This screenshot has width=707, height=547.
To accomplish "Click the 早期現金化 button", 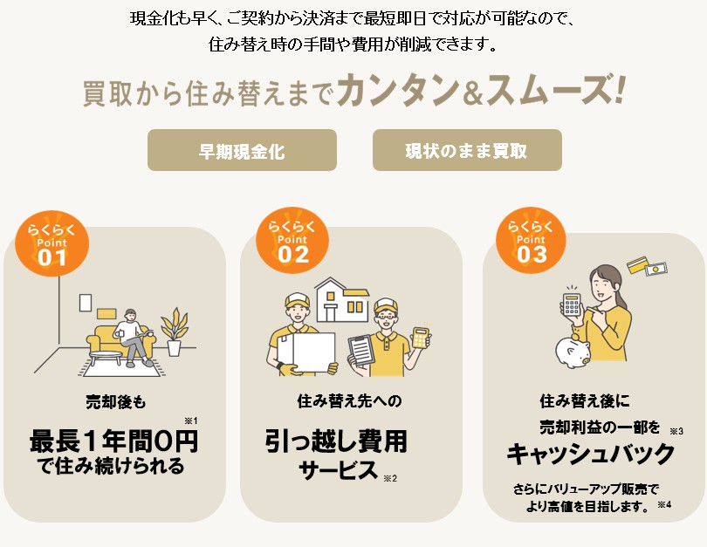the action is point(242,150).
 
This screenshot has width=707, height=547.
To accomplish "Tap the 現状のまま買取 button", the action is point(467,150).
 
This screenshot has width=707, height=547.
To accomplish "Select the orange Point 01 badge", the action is point(51,243).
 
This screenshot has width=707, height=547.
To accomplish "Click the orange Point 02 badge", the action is point(292,240).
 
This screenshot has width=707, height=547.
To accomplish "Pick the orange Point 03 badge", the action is point(532,240).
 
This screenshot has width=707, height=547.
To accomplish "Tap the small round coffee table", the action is point(106,358).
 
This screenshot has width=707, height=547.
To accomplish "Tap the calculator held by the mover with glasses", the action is point(420,337).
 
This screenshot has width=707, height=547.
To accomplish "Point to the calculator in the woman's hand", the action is point(572,304).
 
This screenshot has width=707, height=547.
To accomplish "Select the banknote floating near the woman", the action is point(656,270).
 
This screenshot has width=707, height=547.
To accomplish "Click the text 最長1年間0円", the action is point(113,441).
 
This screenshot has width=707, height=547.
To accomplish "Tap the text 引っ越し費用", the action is point(336,441).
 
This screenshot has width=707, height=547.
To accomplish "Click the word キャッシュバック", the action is point(591,453).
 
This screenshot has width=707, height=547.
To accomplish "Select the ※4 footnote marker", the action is point(664,504).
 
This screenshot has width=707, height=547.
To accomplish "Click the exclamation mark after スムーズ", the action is point(619,90).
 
